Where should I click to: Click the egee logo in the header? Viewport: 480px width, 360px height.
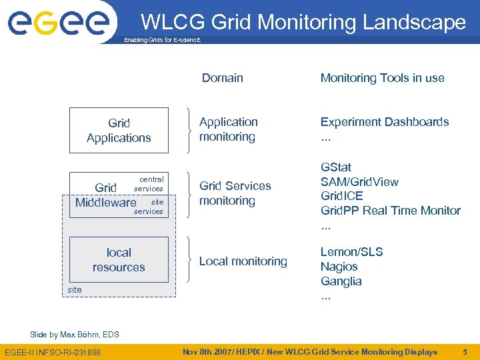pos(58,22)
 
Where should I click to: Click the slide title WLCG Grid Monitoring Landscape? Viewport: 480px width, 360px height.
pos(303,22)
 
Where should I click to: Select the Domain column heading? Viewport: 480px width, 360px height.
pos(222,78)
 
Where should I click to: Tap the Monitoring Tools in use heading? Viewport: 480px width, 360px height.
pos(382,78)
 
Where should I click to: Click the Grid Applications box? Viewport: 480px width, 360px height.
pos(119,131)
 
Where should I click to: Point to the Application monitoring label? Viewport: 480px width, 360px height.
pos(228,129)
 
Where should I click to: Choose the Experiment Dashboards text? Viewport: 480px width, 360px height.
pos(385,122)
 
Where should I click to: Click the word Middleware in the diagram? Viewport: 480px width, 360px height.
pos(106,202)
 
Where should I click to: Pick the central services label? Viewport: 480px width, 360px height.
pos(150,184)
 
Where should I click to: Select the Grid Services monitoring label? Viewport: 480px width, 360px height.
pos(235,193)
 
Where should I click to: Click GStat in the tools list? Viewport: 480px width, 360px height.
pos(336,167)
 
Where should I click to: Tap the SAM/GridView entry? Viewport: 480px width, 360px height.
pos(360,182)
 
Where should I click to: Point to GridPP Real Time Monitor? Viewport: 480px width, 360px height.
pos(391,211)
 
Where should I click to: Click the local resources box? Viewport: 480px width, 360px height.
pos(119,260)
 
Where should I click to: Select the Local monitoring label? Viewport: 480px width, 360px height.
pos(243,261)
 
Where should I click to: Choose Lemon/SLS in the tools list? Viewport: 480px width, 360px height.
pos(352,252)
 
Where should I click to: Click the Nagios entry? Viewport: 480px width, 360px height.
pos(339,267)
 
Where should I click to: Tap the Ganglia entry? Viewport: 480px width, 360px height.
pos(341,281)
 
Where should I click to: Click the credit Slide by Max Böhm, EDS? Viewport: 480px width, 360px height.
pos(75,334)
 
